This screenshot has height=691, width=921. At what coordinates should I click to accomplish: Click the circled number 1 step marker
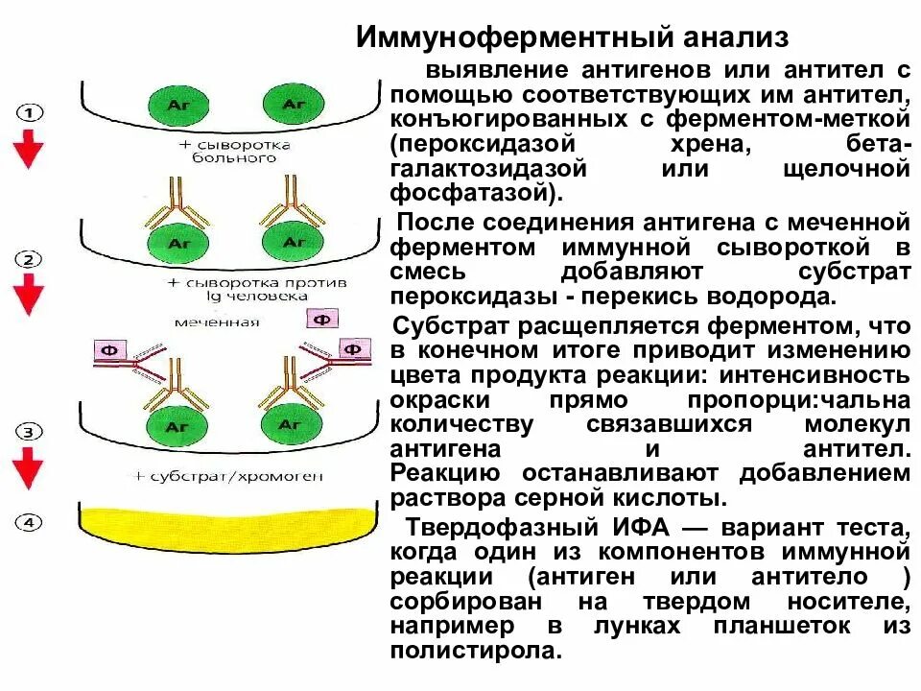(32, 111)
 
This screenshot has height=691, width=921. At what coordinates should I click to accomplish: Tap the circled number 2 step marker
(32, 260)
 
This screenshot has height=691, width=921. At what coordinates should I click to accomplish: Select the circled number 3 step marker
(32, 432)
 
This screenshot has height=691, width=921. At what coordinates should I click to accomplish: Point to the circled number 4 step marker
(32, 523)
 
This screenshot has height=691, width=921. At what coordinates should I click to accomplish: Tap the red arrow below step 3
(32, 469)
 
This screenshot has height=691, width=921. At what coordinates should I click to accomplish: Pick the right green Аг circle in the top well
(285, 104)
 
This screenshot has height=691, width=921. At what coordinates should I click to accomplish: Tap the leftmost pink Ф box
(108, 352)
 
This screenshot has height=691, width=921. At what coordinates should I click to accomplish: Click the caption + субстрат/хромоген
(229, 476)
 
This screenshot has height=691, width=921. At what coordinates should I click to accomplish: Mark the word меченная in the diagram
(216, 322)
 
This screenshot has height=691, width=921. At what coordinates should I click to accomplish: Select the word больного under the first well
(229, 158)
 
